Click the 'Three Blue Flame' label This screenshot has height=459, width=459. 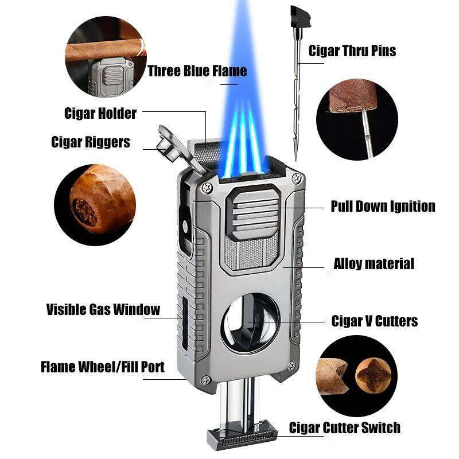197,71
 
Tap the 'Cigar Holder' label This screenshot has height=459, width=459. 100,113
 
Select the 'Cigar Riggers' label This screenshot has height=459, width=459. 91,142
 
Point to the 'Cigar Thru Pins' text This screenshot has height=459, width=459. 352,50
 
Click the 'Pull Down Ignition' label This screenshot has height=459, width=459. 383,206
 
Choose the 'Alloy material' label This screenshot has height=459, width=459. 374,264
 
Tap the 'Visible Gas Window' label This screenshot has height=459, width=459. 103,310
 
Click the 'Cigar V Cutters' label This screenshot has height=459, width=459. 375,321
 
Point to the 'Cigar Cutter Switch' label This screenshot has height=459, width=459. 344,427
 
